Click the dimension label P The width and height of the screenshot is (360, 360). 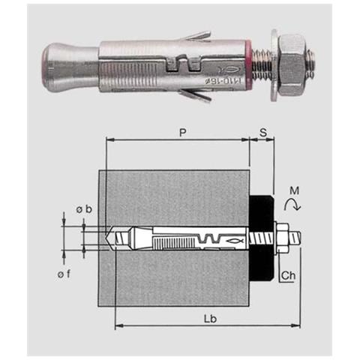pos(183,133)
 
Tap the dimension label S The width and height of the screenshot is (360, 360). pos(263,133)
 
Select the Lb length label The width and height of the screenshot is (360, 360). pos(210,319)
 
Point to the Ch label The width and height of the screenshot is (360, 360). pos(288,275)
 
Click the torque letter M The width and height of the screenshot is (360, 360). pos(294,191)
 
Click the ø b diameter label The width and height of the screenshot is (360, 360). pos(84,209)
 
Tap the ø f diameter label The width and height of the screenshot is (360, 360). pos(64,274)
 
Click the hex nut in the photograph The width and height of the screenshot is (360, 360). pos(292,64)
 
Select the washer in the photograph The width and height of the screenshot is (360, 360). pos(274,65)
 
